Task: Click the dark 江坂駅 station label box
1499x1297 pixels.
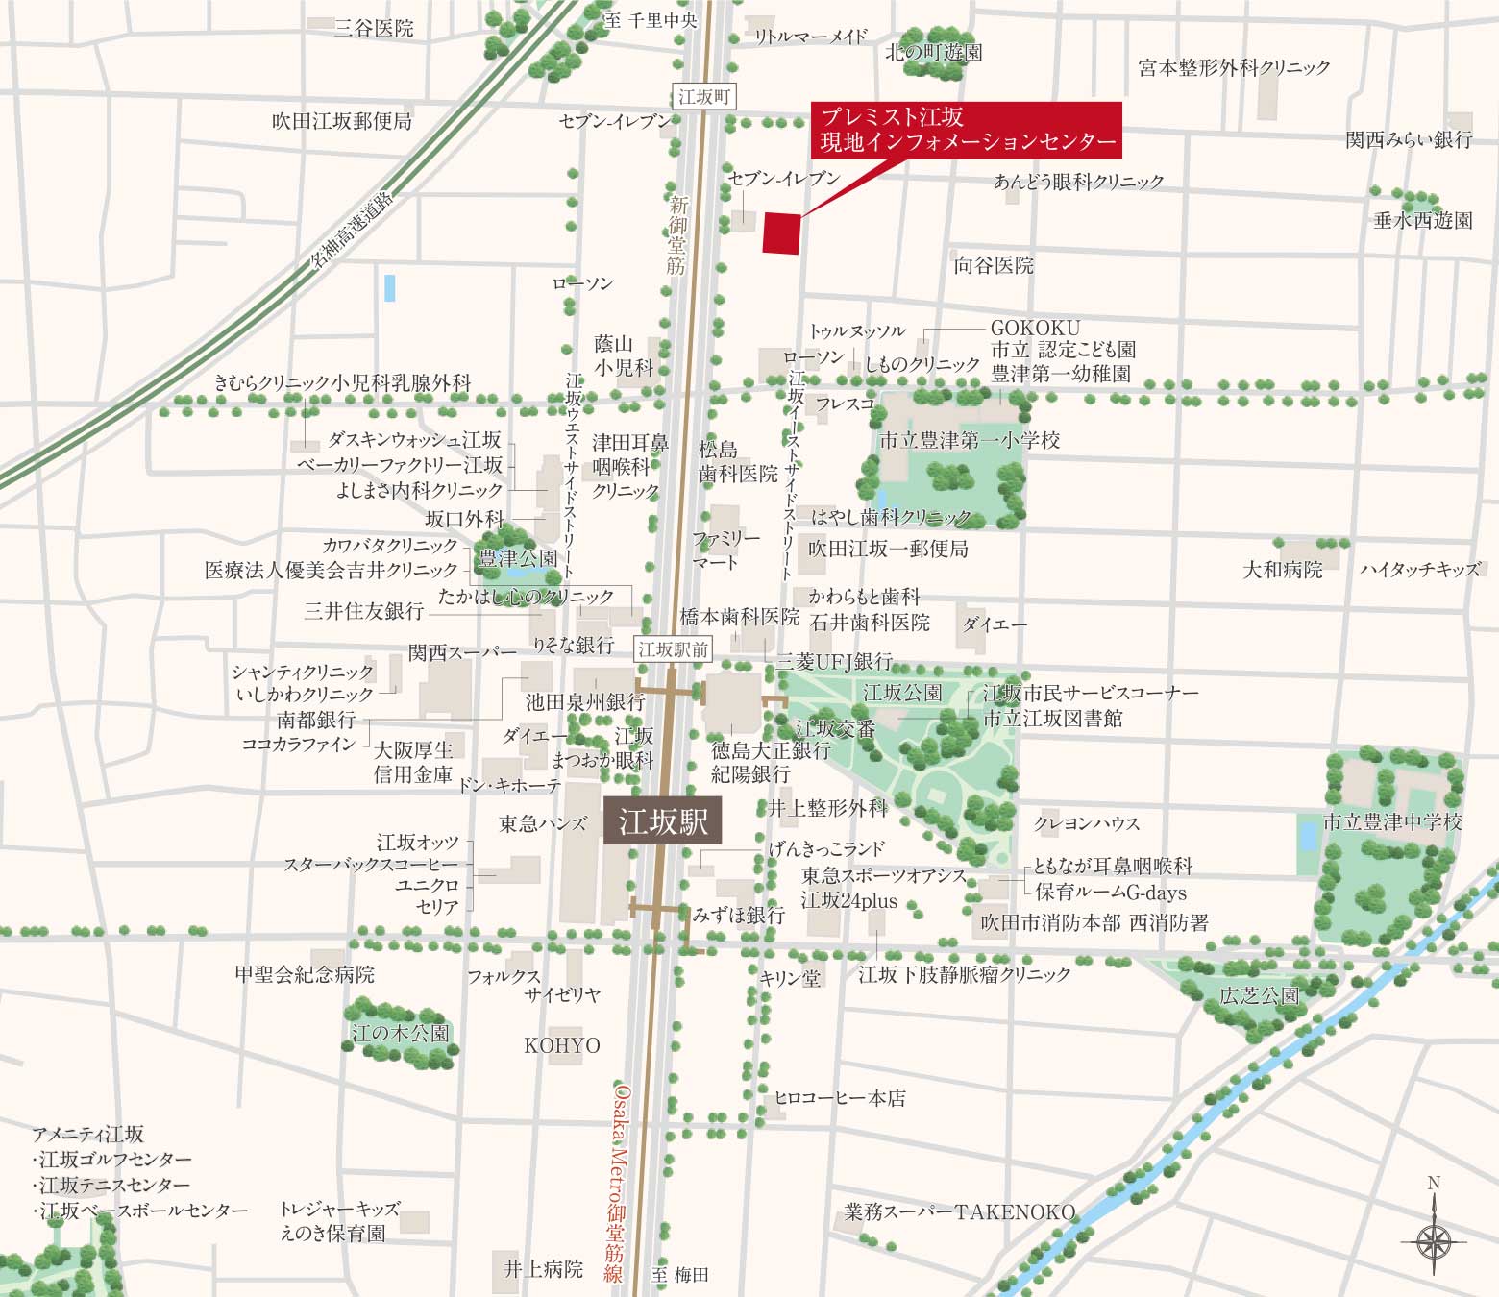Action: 663,821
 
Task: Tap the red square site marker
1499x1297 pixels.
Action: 781,232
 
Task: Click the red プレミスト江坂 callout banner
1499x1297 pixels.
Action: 967,130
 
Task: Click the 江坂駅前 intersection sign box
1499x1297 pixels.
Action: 673,649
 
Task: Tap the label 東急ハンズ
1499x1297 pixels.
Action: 542,823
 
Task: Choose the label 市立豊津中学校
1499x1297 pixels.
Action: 1392,821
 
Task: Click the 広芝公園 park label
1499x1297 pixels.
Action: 1259,995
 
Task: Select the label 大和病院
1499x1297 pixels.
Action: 1283,570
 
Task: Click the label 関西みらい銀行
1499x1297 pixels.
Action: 1409,139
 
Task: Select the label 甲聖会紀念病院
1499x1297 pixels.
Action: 305,974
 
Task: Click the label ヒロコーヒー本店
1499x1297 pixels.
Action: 840,1097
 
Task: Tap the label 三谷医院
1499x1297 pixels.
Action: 374,28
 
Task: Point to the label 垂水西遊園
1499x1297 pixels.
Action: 1422,220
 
